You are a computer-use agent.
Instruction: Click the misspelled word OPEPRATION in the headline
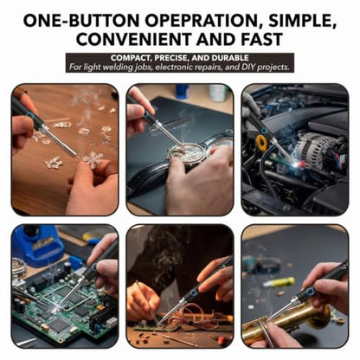pos(201,21)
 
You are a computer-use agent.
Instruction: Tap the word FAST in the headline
pos(261,39)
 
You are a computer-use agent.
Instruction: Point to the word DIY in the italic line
pos(248,67)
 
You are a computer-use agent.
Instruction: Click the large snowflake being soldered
pos(93,159)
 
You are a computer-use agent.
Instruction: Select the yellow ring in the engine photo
pos(261,141)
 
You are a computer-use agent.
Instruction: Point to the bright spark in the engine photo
pos(295,164)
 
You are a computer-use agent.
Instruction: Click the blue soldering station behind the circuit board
pos(42,245)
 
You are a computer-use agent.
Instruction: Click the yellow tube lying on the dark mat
pos(280,282)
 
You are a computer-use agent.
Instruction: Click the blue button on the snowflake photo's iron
pos(30,116)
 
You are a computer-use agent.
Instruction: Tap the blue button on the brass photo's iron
pos(311,290)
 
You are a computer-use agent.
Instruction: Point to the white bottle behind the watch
pos(219,93)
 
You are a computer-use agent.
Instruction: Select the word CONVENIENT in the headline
pos(134,39)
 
